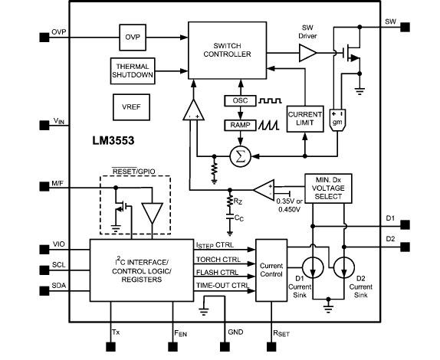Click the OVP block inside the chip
pos(132,36)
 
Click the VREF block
pos(126,104)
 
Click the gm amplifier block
pos(335,119)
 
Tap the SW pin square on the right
pos(406,22)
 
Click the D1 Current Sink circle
pos(312,263)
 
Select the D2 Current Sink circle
pos(345,263)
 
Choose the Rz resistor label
pos(239,201)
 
